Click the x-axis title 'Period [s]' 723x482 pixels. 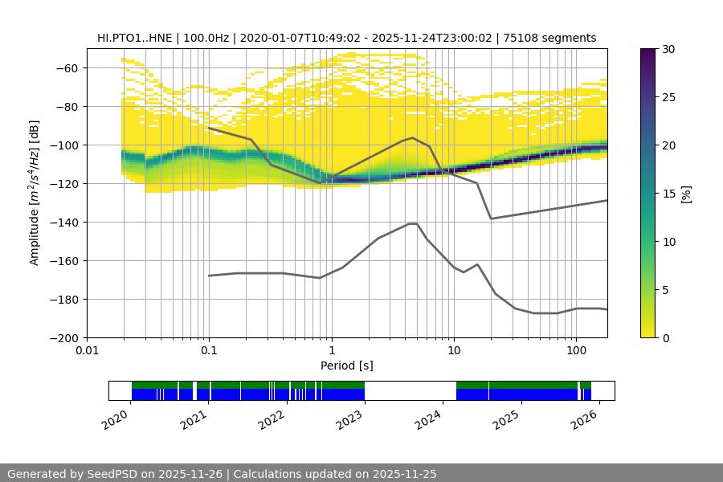coord(347,366)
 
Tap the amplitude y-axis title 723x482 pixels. coord(34,193)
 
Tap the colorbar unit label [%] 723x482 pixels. coord(688,193)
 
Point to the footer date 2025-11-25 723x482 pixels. coord(403,474)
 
